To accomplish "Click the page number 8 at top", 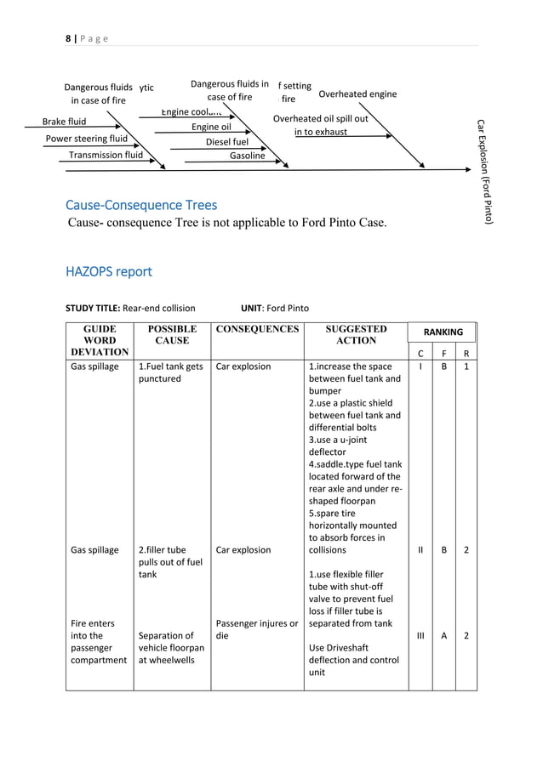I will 67,39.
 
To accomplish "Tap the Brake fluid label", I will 65,122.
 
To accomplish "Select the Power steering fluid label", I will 86,139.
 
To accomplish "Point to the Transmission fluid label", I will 106,156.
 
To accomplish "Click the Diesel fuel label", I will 226,142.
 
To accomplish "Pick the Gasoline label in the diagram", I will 248,156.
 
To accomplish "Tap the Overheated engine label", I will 357,94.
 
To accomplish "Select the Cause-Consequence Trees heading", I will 140,205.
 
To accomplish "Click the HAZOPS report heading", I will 109,271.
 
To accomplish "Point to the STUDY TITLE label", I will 93,308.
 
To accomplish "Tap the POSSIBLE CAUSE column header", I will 171,334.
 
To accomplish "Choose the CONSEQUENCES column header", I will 257,329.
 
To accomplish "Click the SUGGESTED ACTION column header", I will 356,334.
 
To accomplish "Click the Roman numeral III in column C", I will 420,635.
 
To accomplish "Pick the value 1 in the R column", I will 466,366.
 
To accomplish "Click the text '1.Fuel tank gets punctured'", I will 170,372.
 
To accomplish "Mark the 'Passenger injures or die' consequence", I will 257,629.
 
